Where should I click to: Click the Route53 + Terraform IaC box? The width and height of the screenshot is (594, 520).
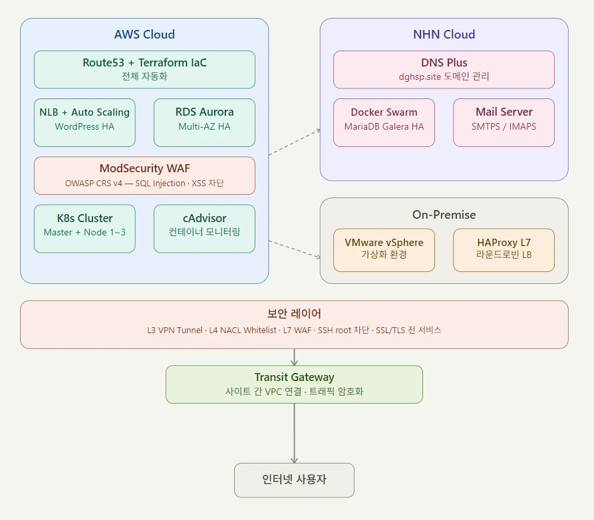click(144, 69)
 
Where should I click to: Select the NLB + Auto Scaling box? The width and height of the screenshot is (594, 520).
click(84, 122)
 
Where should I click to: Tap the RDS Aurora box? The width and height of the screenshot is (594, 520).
click(204, 122)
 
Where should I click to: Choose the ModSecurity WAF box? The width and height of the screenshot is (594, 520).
click(144, 176)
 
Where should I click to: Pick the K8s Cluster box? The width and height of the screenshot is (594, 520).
click(84, 229)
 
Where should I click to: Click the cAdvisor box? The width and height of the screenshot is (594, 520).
click(204, 229)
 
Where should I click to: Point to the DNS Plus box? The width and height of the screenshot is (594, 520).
click(444, 69)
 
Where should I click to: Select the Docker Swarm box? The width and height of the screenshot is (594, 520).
click(384, 122)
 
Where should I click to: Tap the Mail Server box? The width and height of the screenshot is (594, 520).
click(504, 122)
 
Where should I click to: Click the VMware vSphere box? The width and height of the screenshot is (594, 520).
click(384, 250)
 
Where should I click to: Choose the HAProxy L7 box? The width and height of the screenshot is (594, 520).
click(504, 250)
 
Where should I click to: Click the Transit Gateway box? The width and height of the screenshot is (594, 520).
click(294, 384)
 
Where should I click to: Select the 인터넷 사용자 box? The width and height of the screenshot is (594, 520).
click(294, 480)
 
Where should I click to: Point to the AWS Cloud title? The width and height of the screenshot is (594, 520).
click(144, 35)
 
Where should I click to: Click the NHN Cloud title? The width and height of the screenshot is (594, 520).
click(444, 35)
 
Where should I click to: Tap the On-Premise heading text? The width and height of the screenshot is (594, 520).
click(444, 215)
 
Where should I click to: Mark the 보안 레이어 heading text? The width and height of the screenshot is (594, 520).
click(294, 314)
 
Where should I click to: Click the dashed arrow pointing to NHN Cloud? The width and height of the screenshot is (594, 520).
click(295, 142)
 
